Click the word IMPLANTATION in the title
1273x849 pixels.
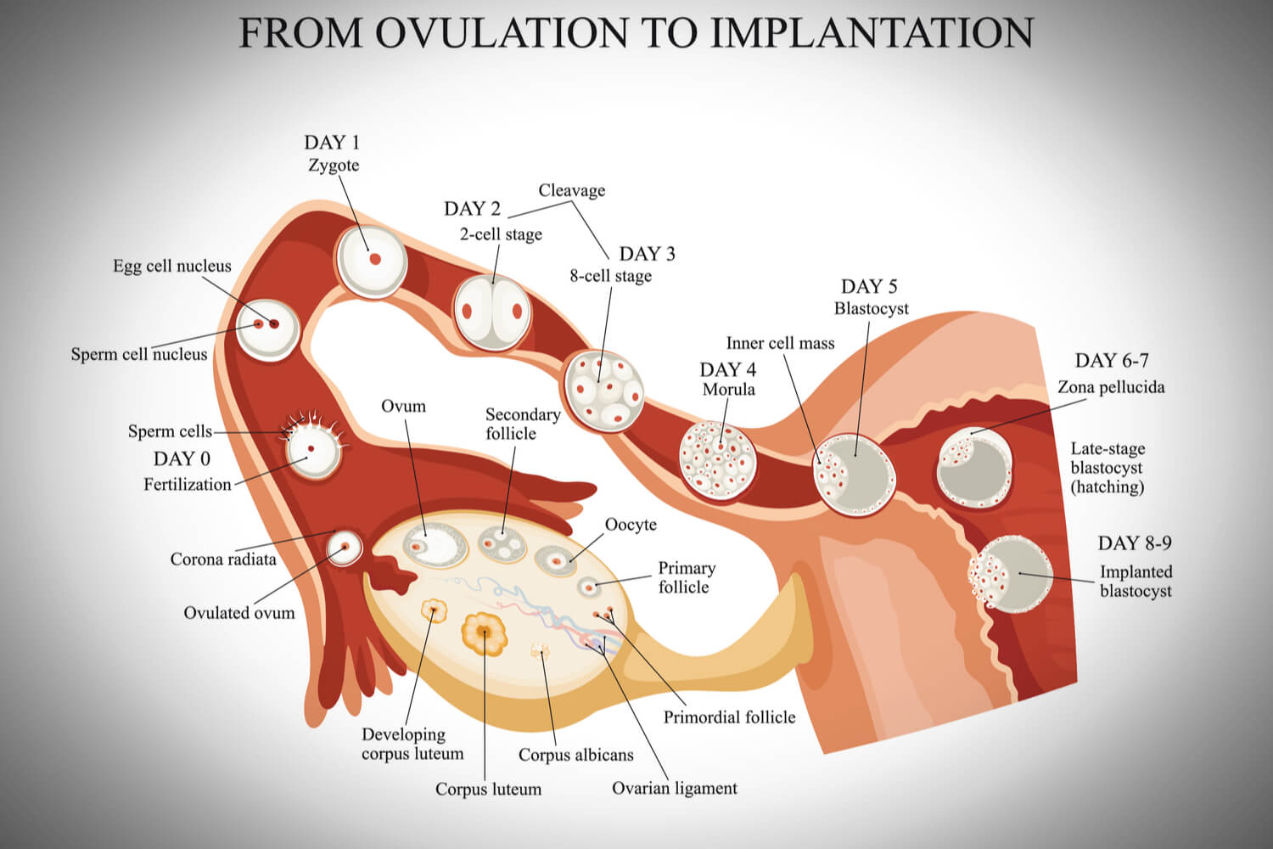(872, 32)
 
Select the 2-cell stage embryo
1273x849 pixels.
(491, 312)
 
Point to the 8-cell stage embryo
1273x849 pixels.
(604, 391)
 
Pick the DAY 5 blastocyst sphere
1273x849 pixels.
(855, 474)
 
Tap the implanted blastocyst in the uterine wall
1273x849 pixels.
(1011, 574)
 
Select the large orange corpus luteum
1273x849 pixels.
(484, 633)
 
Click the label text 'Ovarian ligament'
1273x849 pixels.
(674, 788)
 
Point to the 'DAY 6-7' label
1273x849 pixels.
(1111, 361)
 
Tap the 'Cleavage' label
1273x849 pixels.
(571, 190)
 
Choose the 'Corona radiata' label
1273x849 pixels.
(223, 559)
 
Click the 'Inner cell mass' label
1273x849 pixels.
(780, 343)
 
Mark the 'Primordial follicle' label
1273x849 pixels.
(729, 717)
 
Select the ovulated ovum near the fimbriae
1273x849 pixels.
(345, 548)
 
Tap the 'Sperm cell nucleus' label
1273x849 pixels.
(138, 354)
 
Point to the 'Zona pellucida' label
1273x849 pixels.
(1111, 387)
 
